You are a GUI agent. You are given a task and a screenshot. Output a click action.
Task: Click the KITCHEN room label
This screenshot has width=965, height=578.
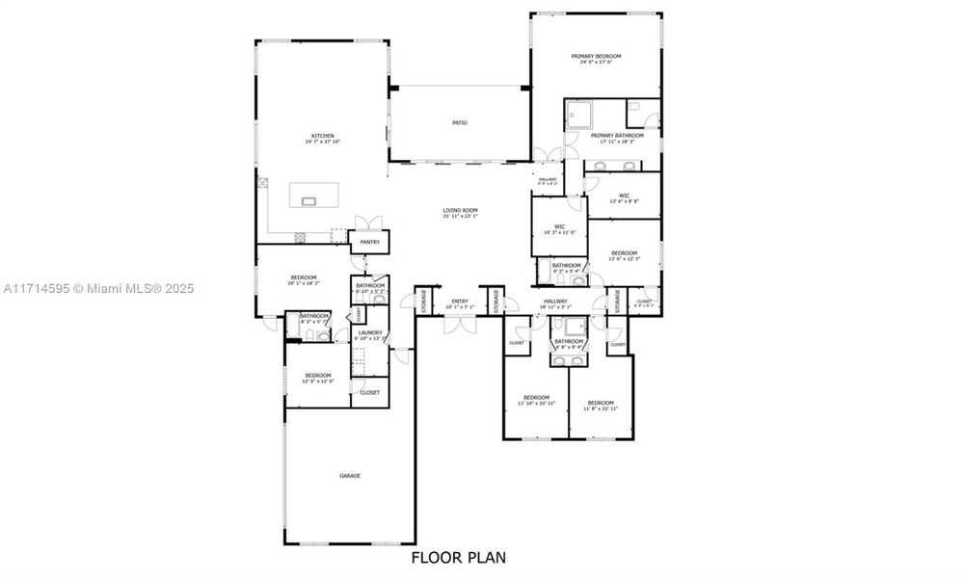tap(322, 135)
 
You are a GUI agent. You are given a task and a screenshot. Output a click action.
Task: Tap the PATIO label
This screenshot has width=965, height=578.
tap(460, 122)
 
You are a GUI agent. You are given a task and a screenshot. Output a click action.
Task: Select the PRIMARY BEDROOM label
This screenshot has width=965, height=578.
tap(596, 57)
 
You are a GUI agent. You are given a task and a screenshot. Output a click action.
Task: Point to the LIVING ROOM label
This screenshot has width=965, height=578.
tap(460, 210)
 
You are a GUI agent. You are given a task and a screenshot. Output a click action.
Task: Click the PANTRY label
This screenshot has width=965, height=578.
tap(370, 242)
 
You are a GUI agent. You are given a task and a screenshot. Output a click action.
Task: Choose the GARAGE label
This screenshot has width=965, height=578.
tap(349, 476)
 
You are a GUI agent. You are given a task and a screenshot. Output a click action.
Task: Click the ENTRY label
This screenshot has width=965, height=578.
tap(460, 302)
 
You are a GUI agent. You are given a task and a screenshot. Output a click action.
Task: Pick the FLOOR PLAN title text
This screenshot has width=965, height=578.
tap(458, 557)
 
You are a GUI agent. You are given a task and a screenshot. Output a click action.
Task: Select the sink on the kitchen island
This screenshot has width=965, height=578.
tap(309, 201)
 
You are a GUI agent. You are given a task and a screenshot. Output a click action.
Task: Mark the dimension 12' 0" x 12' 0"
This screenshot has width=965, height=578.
tap(317, 381)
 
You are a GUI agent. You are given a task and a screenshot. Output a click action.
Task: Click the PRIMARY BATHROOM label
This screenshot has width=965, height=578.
tap(617, 136)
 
